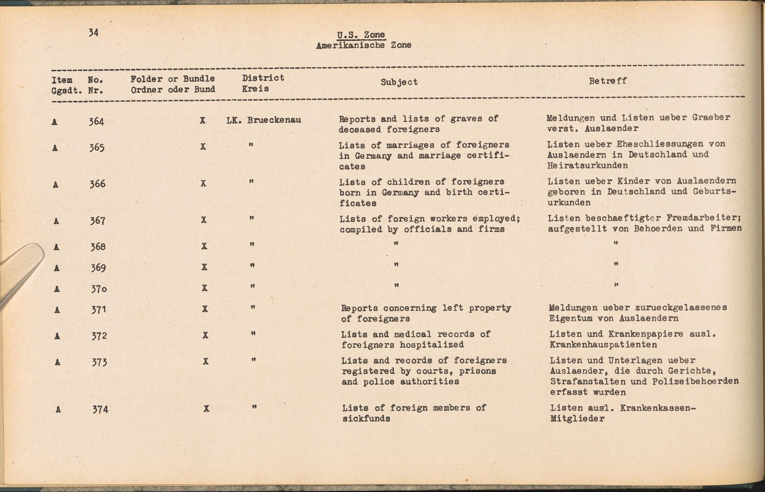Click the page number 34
pos(94,32)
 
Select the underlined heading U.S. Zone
pos(361,35)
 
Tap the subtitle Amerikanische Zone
pos(363,45)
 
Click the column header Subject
pos(399,82)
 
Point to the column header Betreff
pos(607,81)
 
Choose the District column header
pos(263,78)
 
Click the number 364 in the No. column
pos(96,122)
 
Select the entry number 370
pos(98,289)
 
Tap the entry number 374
pos(100,409)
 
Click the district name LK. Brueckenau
pos(264,120)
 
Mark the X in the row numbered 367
pos(203,220)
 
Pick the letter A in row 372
pos(57,336)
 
